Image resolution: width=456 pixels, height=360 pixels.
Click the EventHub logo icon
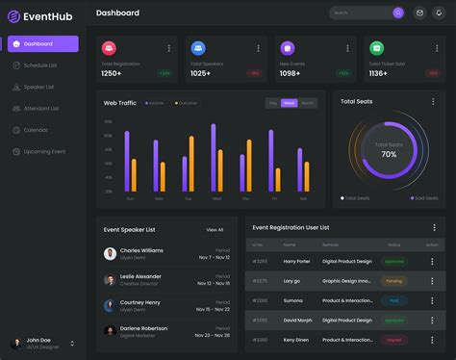click(x=13, y=15)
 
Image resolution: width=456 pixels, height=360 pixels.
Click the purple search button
click(x=398, y=13)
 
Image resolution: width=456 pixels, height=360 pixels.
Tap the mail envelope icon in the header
click(x=419, y=13)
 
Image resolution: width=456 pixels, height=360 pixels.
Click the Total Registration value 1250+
click(x=112, y=73)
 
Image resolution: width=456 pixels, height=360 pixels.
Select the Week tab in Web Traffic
click(x=289, y=103)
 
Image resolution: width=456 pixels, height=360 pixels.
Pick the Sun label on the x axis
click(x=130, y=198)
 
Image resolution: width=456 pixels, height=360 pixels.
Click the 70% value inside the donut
click(x=389, y=154)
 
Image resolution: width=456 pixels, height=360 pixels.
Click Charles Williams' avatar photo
click(x=110, y=254)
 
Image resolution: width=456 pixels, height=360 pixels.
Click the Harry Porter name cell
click(x=297, y=261)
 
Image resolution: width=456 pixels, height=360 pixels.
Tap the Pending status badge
click(x=393, y=281)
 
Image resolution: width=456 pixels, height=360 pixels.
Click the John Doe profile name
click(x=38, y=340)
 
